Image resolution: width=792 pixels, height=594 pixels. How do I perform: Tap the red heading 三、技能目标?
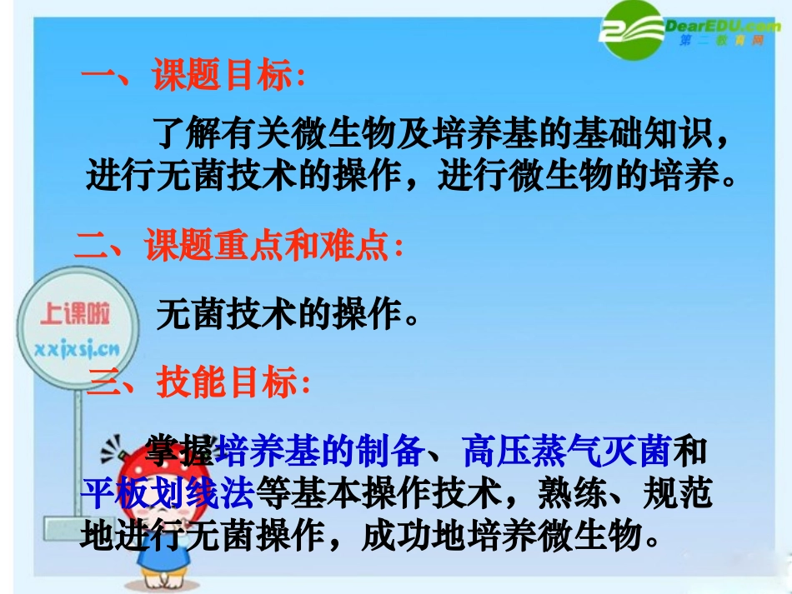click(x=204, y=383)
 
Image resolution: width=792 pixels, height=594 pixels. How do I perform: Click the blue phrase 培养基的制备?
click(x=321, y=452)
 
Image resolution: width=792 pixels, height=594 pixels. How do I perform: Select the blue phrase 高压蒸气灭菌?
click(x=566, y=452)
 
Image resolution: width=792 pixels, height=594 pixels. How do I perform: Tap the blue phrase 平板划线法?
click(x=167, y=494)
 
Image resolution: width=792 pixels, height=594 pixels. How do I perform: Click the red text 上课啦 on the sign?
click(x=74, y=314)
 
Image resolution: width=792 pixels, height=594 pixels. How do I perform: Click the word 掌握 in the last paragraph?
click(x=180, y=452)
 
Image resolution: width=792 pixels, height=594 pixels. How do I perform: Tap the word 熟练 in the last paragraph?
click(x=575, y=494)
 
